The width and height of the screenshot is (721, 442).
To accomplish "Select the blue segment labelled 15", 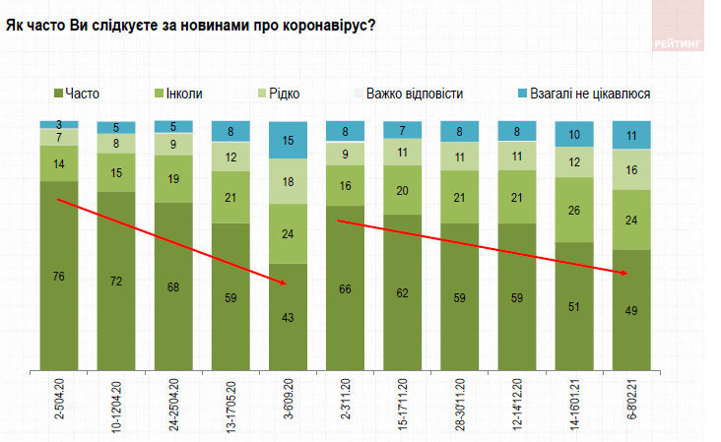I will click(x=288, y=140).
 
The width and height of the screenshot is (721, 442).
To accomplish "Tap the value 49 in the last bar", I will click(x=631, y=312).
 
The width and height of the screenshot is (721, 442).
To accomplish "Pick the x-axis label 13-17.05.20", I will click(x=230, y=405).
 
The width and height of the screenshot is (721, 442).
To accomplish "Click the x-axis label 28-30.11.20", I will click(x=460, y=405).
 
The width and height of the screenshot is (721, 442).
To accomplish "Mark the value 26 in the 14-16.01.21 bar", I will click(x=574, y=209).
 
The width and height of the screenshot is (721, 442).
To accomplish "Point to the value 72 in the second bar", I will click(x=116, y=282).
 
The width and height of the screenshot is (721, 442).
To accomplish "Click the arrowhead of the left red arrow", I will click(x=284, y=284).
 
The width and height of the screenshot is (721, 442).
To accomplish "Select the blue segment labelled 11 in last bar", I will click(x=631, y=135).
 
